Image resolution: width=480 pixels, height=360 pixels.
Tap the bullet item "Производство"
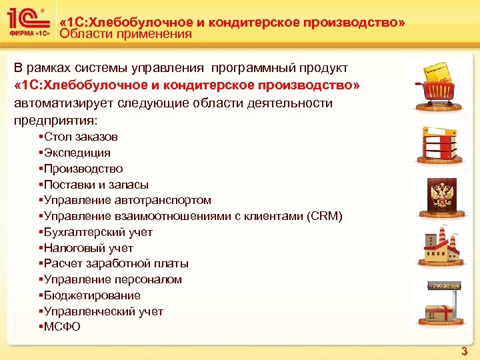click(x=83, y=169)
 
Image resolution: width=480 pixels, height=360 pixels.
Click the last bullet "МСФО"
click(x=62, y=327)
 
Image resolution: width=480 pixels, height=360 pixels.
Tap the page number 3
click(x=465, y=351)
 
